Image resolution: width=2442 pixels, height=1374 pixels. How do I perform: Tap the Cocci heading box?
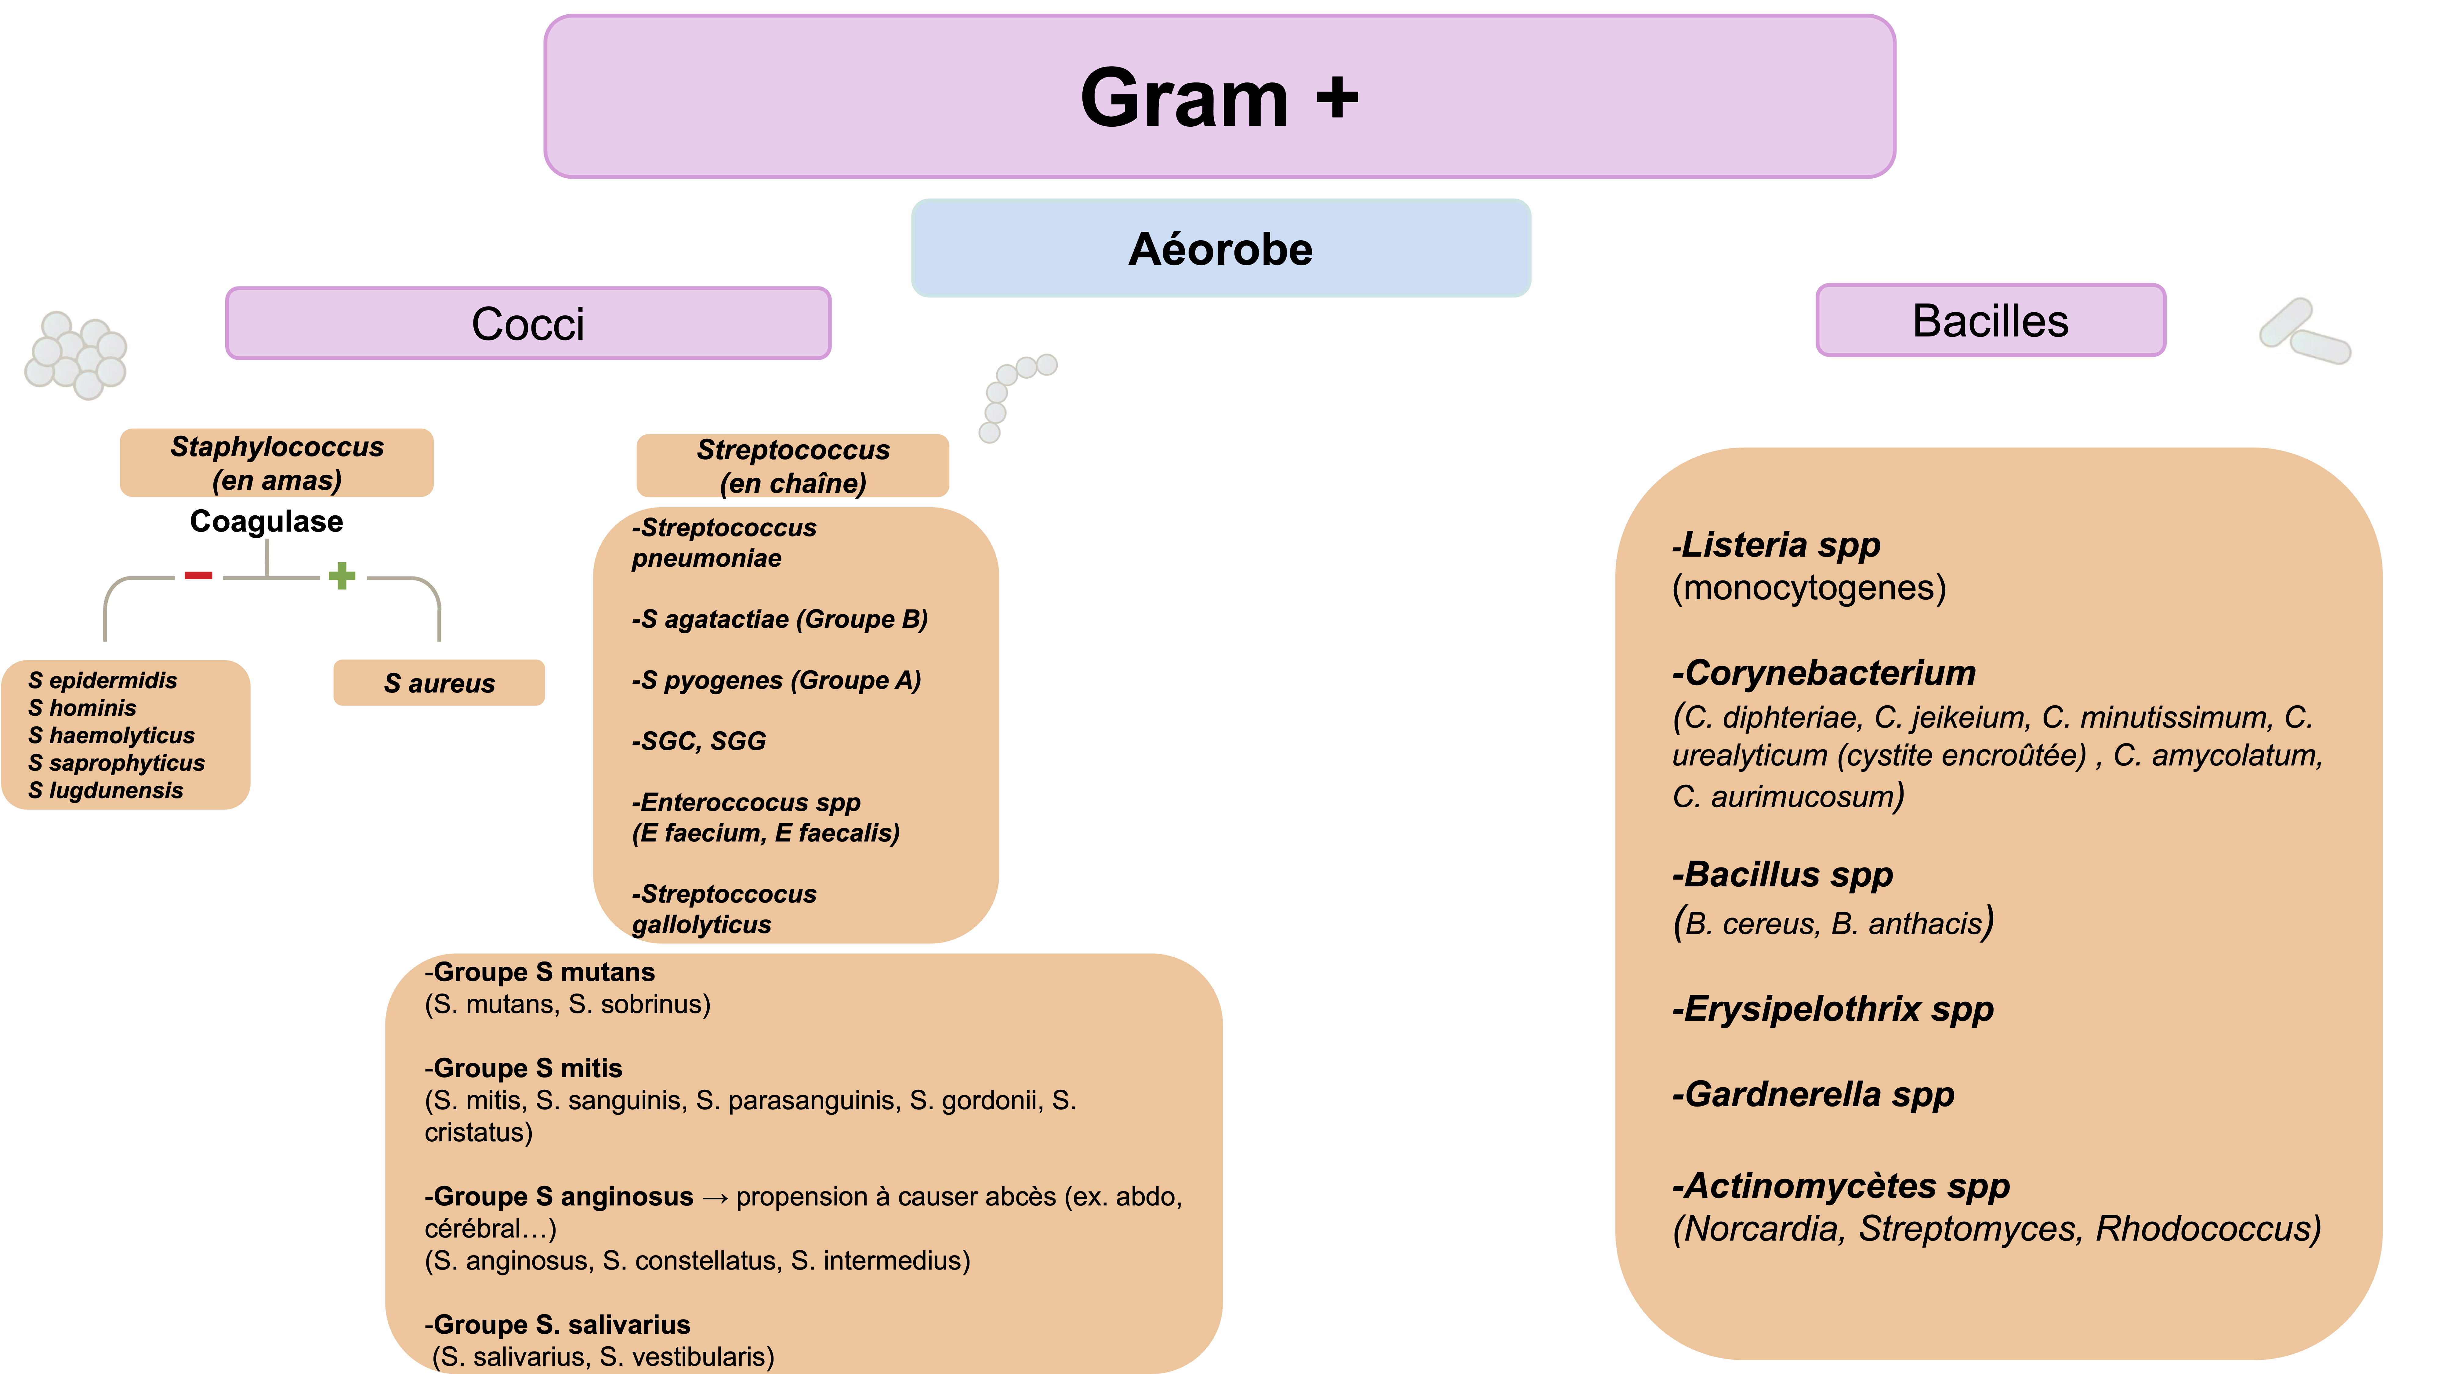point(528,323)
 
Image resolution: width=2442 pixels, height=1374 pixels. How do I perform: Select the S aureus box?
point(439,683)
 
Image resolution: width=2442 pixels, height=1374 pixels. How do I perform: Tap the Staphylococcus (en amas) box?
point(277,463)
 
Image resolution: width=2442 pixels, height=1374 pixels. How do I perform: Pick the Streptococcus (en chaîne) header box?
point(792,466)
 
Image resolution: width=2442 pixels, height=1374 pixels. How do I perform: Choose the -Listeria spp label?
point(1776,545)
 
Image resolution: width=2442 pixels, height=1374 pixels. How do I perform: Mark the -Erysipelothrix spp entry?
point(1832,1009)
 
